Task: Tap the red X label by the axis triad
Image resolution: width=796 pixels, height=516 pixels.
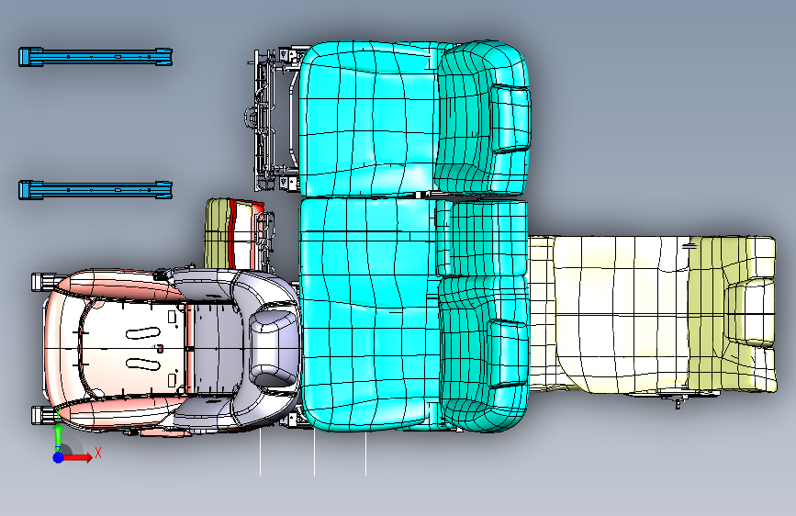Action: pos(97,453)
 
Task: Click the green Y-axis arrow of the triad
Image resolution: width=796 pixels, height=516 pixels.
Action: pos(58,435)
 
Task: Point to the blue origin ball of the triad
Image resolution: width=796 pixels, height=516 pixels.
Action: pos(58,456)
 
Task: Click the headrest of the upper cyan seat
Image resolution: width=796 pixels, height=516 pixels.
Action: pos(510,117)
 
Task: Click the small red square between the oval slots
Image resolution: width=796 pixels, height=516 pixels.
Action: pos(160,348)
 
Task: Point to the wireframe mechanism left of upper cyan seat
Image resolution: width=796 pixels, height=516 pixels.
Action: pos(271,119)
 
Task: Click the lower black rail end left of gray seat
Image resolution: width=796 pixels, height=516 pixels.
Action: pos(42,414)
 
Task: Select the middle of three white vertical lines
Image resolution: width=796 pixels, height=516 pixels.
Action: pos(314,454)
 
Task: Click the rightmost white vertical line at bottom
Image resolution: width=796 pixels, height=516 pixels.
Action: pos(365,454)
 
